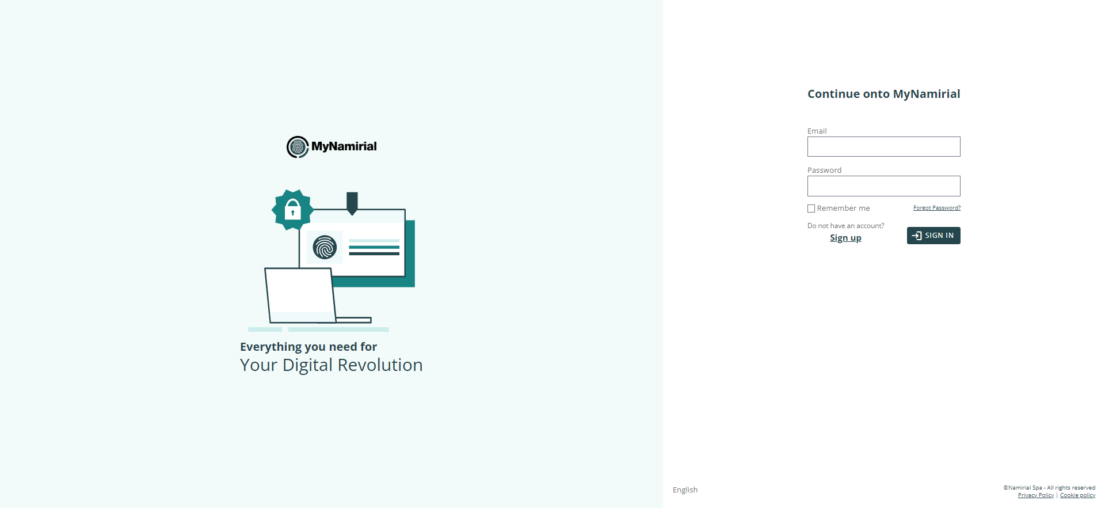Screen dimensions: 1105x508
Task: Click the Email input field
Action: tap(883, 146)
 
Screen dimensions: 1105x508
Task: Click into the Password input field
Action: tap(883, 186)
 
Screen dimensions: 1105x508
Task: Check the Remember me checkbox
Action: tap(811, 208)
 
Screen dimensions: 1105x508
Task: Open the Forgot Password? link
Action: tap(937, 208)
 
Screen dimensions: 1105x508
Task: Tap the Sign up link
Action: tap(845, 238)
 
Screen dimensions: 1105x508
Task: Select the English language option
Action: tap(685, 490)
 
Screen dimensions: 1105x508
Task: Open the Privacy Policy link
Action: tap(1036, 495)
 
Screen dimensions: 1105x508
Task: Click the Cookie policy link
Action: tap(1077, 495)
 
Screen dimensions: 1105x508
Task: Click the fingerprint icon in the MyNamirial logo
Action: tap(298, 147)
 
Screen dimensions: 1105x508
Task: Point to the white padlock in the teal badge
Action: tap(293, 210)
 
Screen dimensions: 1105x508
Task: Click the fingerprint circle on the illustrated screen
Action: tap(325, 248)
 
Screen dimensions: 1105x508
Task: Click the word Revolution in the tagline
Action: tap(380, 365)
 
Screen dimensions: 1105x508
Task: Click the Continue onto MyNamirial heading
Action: tap(883, 94)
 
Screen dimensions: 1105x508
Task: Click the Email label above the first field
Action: tap(817, 131)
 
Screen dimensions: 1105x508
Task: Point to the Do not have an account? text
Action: tap(845, 226)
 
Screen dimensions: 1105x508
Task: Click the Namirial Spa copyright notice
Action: tap(1049, 488)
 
